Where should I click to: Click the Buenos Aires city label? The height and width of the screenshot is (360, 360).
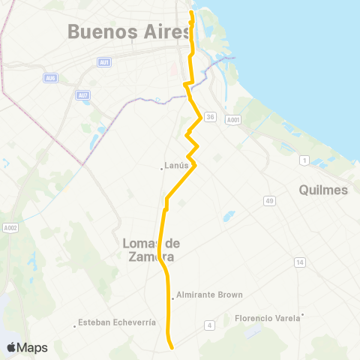[x=125, y=31]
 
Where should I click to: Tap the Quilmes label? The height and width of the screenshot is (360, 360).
[x=323, y=190]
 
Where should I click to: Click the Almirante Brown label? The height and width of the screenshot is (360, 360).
[x=209, y=295]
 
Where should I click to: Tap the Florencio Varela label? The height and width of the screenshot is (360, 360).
[x=266, y=318]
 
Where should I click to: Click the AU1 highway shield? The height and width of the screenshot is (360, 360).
[x=104, y=62]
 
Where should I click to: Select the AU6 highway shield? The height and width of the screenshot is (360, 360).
[x=50, y=78]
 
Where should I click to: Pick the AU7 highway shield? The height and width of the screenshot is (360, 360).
[x=83, y=95]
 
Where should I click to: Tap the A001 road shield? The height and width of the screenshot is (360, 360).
[x=234, y=118]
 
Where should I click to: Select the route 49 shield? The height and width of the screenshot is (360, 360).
[x=269, y=200]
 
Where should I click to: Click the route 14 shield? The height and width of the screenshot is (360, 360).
[x=300, y=262]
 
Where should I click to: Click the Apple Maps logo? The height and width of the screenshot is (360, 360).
[x=27, y=347]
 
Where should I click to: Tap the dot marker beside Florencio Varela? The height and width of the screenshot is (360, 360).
[x=302, y=314]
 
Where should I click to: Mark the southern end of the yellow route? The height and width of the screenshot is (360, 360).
[x=172, y=347]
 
